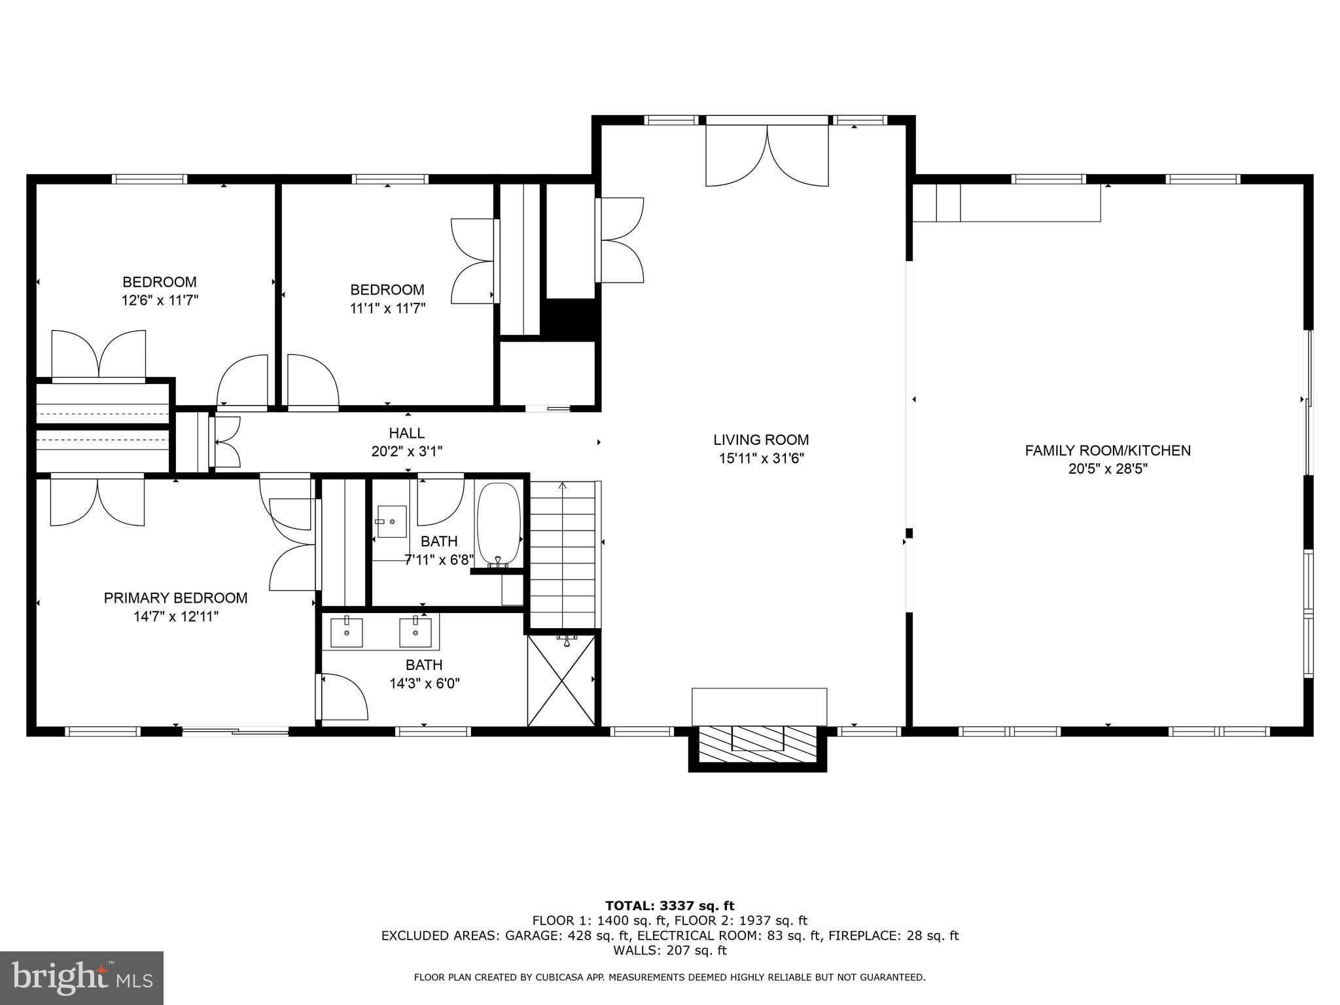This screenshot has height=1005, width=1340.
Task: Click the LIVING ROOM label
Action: pyautogui.click(x=761, y=440)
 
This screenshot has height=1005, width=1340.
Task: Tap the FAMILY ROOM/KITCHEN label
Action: pyautogui.click(x=1107, y=450)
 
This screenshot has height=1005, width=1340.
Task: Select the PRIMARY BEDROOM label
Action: pyautogui.click(x=175, y=597)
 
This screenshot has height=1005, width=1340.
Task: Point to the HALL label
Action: pyautogui.click(x=406, y=432)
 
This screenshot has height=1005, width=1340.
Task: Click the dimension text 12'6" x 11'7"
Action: pyautogui.click(x=160, y=300)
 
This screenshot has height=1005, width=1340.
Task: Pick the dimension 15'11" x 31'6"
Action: pyautogui.click(x=761, y=458)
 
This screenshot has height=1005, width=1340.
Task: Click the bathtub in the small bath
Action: pyautogui.click(x=499, y=523)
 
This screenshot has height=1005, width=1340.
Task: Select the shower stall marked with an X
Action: pyautogui.click(x=561, y=680)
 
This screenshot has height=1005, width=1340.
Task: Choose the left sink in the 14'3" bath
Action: pyautogui.click(x=346, y=633)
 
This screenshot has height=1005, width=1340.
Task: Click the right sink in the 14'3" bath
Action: pyautogui.click(x=415, y=633)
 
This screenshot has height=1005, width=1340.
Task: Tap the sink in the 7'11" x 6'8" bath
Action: pyautogui.click(x=391, y=521)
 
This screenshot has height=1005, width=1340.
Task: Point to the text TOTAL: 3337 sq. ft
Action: pyautogui.click(x=669, y=906)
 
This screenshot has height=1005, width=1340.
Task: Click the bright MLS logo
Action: pyautogui.click(x=82, y=978)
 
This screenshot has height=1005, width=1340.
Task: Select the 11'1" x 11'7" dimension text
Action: pyautogui.click(x=387, y=308)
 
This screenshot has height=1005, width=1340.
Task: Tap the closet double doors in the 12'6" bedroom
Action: pyautogui.click(x=98, y=355)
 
